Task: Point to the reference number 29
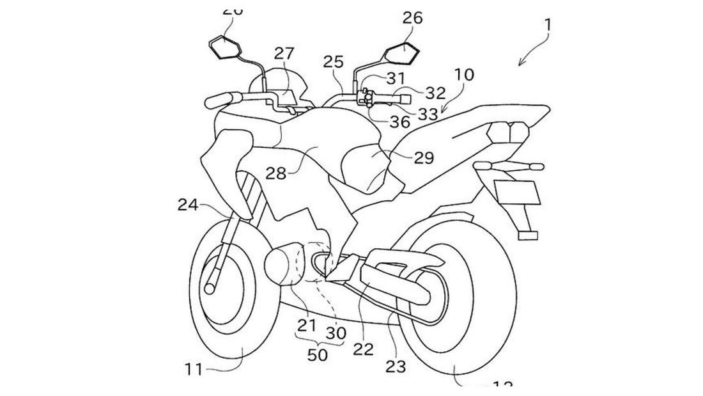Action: [x=423, y=157]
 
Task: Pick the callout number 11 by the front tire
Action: [x=194, y=368]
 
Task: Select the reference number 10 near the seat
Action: [x=464, y=74]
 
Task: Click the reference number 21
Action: [x=307, y=325]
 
